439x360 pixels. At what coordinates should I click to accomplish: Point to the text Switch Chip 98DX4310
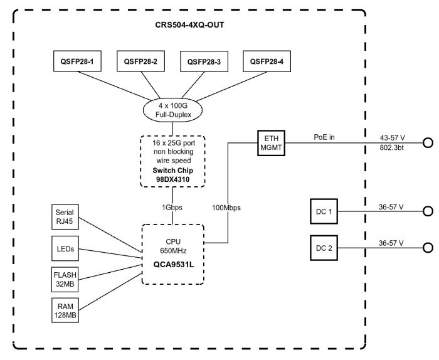coord(172,174)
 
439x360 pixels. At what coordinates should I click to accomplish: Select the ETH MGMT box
coord(270,142)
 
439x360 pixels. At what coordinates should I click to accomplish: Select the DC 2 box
coord(324,247)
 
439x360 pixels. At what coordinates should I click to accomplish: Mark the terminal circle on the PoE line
coord(428,143)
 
